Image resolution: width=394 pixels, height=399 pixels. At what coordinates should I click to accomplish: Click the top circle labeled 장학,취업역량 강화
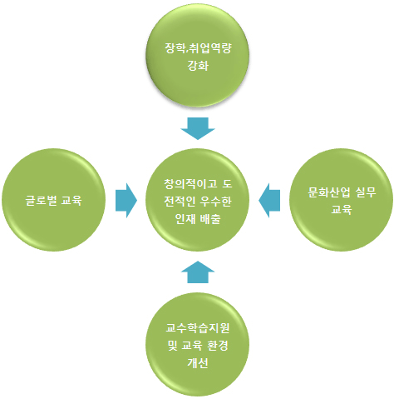[x=198, y=56]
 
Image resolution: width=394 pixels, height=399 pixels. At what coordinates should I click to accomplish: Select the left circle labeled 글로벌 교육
[x=54, y=200]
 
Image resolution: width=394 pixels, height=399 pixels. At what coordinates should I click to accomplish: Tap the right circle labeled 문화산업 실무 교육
[x=341, y=200]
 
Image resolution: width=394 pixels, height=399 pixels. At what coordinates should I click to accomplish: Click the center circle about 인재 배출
[x=198, y=200]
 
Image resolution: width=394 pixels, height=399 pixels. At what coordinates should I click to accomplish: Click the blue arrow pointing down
[x=198, y=128]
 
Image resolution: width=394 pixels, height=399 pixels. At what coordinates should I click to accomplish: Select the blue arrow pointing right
[x=126, y=200]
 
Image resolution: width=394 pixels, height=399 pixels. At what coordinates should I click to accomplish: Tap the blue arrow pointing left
[x=269, y=200]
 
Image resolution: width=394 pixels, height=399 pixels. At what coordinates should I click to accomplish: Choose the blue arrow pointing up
[x=198, y=272]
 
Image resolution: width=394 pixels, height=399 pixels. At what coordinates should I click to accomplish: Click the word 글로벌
[x=42, y=200]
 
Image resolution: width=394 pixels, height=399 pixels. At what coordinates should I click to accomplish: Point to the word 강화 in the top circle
[x=198, y=66]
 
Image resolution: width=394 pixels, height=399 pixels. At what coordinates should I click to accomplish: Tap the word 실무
[x=366, y=192]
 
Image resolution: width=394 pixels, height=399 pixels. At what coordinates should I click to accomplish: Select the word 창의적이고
[x=190, y=184]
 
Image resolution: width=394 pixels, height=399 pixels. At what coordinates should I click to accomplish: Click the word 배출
[x=210, y=219]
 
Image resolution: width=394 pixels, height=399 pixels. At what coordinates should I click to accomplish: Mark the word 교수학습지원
[x=198, y=328]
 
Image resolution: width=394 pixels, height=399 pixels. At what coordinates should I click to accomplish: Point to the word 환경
[x=217, y=346]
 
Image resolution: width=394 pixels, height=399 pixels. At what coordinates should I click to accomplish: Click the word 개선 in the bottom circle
[x=198, y=362]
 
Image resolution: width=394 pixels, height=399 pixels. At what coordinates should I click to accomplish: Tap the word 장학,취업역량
[x=198, y=48]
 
